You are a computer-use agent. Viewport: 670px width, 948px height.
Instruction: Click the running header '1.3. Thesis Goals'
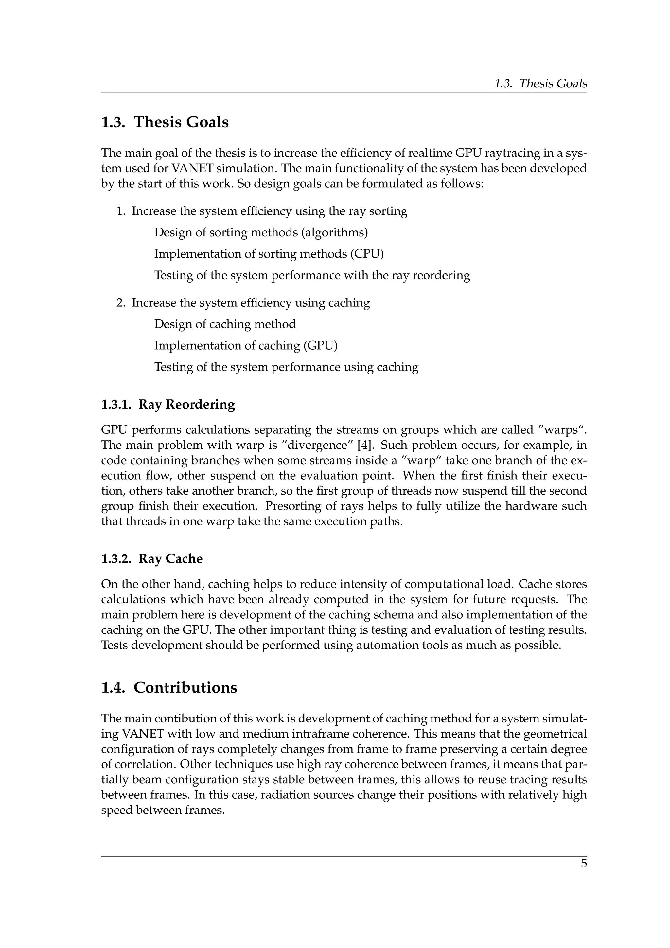(540, 83)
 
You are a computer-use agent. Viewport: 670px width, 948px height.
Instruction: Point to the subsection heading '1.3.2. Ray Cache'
(152, 559)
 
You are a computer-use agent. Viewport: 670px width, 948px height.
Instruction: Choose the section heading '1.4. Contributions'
(169, 687)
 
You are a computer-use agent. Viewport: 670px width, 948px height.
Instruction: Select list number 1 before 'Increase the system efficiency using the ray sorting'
(120, 211)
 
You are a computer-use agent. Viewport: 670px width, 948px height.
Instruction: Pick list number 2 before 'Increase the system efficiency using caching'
(120, 303)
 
